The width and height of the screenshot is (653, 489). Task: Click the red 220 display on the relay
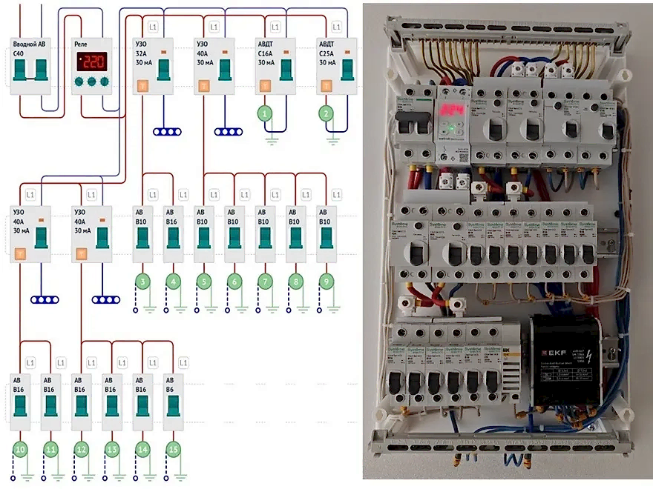(x=92, y=62)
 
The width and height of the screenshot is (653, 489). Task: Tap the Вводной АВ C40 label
(x=29, y=50)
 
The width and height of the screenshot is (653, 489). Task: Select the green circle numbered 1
(x=266, y=113)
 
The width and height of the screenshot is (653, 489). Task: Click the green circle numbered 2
(x=325, y=113)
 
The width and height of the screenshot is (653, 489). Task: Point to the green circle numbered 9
(x=325, y=281)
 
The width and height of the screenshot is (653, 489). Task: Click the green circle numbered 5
(x=203, y=281)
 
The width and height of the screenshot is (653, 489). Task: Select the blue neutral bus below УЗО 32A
(x=167, y=132)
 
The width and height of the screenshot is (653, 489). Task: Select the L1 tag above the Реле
(x=92, y=27)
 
